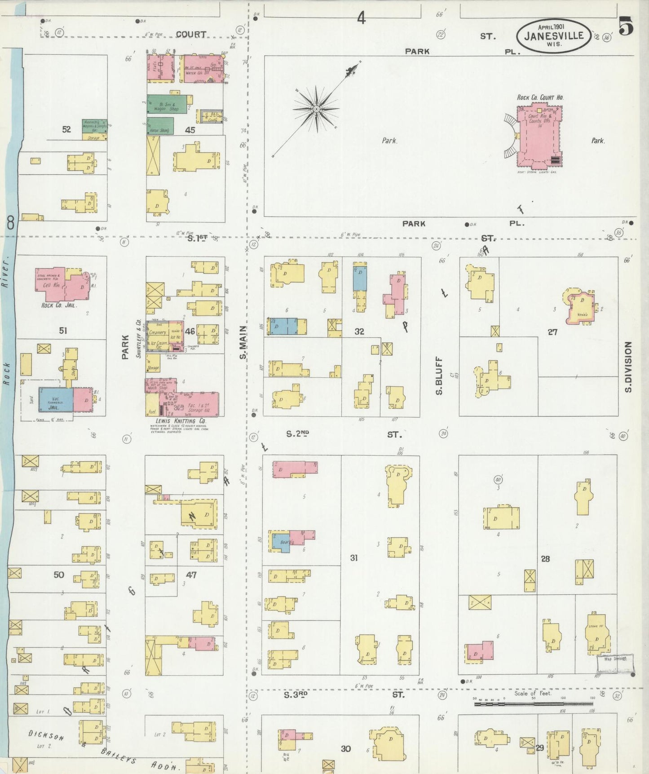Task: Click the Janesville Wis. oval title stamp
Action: click(x=554, y=35)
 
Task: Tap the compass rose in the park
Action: click(x=316, y=109)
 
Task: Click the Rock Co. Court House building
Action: click(x=539, y=135)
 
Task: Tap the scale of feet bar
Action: click(x=533, y=703)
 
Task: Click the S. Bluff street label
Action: click(x=439, y=376)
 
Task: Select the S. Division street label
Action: click(x=627, y=367)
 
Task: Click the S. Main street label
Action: click(x=243, y=343)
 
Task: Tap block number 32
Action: click(x=359, y=332)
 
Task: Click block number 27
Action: click(x=552, y=332)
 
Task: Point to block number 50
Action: click(x=59, y=575)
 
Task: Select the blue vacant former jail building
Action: click(x=56, y=399)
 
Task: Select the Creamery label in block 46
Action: click(x=158, y=332)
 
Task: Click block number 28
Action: click(x=545, y=559)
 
